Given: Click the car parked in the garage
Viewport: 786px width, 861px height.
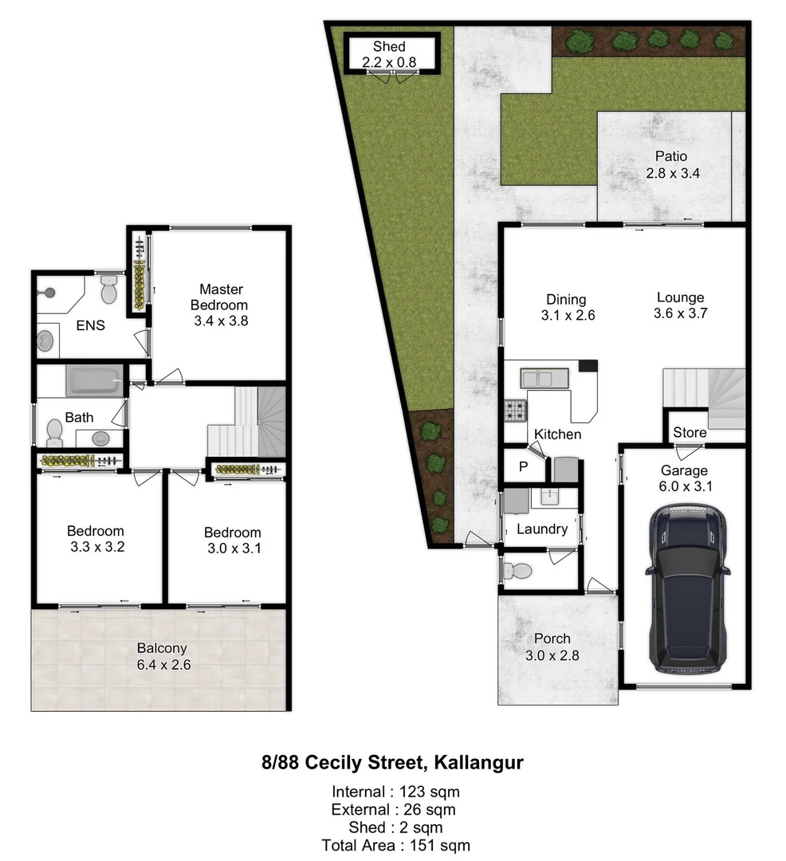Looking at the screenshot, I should (x=687, y=586).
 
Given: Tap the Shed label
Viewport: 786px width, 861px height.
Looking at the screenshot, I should (x=389, y=46).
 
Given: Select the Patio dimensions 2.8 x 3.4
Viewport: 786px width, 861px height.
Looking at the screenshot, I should (x=672, y=172).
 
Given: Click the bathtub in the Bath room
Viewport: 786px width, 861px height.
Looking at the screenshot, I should (x=95, y=379).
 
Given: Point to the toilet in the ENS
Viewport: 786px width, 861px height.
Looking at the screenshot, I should (x=108, y=290).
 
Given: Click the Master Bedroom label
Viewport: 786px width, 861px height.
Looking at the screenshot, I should (x=221, y=297).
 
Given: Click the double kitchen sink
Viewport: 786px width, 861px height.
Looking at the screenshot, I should (x=544, y=378).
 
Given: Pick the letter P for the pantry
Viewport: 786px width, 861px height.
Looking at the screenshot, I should (x=523, y=467).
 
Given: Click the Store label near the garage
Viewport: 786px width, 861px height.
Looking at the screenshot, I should (x=690, y=432).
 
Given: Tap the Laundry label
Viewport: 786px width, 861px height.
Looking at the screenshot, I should (x=542, y=529).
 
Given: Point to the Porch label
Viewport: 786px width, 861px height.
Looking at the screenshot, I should (x=552, y=638).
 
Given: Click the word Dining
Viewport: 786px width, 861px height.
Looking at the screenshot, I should (x=566, y=300).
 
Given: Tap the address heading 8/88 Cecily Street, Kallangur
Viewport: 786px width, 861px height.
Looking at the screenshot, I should (x=392, y=763).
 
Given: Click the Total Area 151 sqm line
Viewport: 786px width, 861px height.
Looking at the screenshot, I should (x=395, y=845).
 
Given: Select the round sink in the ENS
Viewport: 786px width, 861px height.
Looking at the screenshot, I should (x=46, y=340).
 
